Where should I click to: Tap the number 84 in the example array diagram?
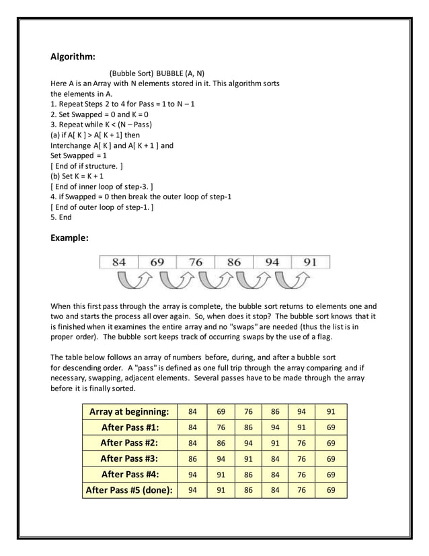click(118, 262)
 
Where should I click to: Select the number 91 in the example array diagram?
click(309, 262)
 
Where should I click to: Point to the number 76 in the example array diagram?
click(195, 262)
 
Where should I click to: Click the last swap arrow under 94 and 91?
click(291, 278)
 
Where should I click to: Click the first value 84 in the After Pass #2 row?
click(193, 443)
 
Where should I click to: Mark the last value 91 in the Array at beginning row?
click(330, 411)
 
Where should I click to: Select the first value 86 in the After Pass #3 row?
click(193, 458)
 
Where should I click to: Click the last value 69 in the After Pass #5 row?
click(330, 490)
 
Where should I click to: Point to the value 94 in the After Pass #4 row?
click(193, 475)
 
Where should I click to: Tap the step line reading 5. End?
click(61, 217)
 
